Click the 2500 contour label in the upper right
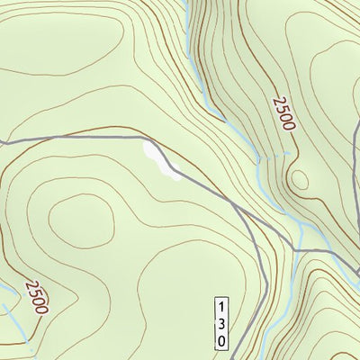(x=282, y=112)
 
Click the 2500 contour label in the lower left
(x=36, y=295)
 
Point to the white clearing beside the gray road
(x=161, y=163)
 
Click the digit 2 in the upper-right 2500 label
(x=273, y=97)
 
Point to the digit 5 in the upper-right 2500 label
(x=278, y=106)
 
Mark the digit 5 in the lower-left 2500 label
(x=33, y=292)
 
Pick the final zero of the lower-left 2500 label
(x=42, y=305)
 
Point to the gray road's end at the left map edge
(x=2, y=143)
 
